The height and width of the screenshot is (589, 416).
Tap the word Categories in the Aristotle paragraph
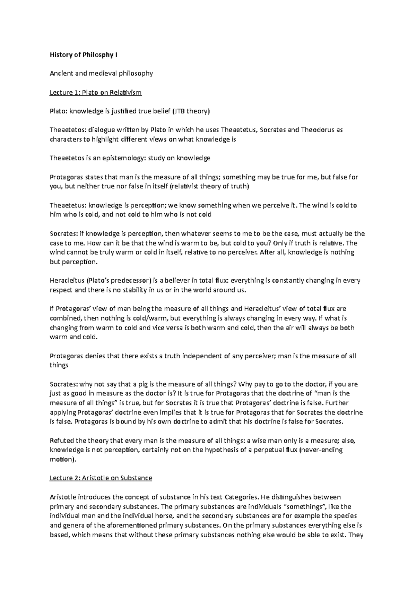(242, 497)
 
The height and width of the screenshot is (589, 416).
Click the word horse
(170, 516)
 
